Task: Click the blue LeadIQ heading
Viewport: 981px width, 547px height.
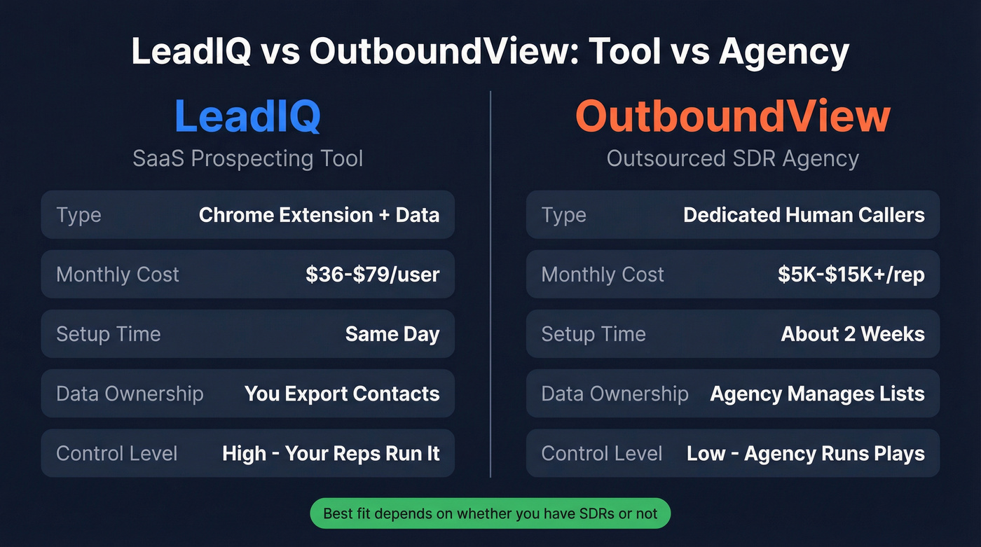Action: point(247,116)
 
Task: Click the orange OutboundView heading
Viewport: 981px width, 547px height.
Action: point(732,116)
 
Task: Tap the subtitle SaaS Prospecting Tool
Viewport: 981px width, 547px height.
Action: point(247,158)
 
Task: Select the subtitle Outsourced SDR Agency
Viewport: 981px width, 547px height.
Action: point(732,158)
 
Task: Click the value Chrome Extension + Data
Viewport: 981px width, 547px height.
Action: point(319,215)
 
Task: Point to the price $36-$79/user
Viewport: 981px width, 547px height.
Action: point(372,275)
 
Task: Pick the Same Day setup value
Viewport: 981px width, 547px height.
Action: point(392,334)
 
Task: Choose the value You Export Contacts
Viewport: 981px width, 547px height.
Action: point(342,394)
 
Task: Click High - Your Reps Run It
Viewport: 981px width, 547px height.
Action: point(331,453)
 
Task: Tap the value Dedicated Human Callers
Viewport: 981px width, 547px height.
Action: point(804,215)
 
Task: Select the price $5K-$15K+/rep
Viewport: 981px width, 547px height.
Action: point(851,275)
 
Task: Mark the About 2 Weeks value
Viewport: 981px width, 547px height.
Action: point(853,334)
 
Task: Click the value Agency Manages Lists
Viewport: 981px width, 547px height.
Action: point(817,394)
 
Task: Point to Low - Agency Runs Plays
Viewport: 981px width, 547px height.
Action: point(805,453)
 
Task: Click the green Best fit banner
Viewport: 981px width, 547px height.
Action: point(490,513)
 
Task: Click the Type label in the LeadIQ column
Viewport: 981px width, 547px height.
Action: point(78,215)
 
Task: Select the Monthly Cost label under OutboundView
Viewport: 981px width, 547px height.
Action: point(602,275)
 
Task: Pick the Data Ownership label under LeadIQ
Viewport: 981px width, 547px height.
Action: point(130,394)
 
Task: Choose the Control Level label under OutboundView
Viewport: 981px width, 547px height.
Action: point(601,453)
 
